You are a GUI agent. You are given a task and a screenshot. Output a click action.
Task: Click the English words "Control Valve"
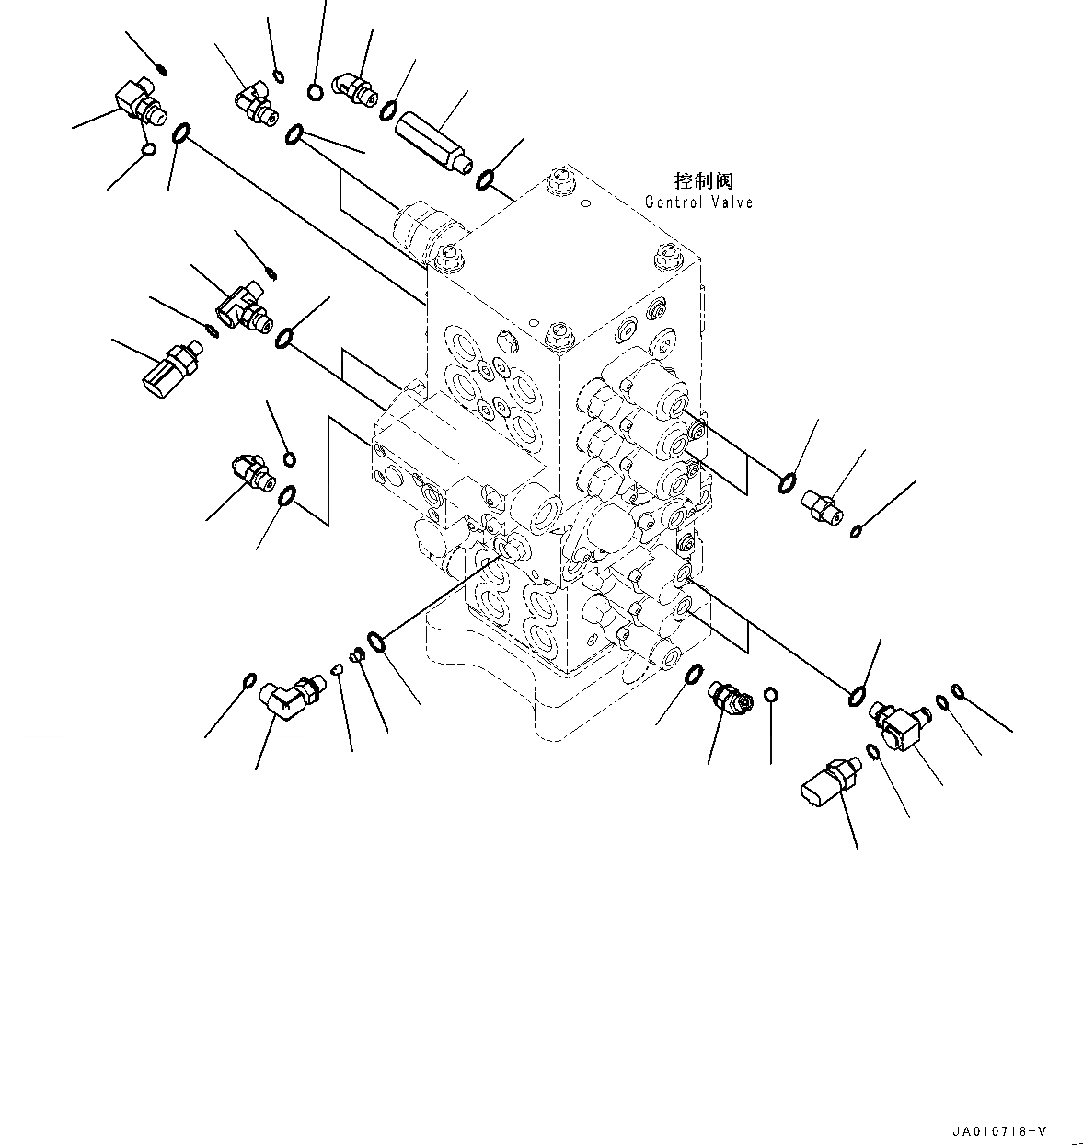(698, 202)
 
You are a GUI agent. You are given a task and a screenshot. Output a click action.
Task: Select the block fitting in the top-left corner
(138, 101)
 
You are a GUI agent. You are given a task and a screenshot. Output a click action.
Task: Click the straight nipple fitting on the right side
(822, 506)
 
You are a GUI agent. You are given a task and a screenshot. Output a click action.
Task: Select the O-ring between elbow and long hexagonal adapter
(387, 110)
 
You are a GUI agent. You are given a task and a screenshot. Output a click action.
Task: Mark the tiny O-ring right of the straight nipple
(857, 530)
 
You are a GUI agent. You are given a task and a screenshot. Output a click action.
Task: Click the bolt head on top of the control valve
(559, 180)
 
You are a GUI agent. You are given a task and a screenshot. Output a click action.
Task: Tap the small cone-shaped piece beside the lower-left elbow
(337, 669)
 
